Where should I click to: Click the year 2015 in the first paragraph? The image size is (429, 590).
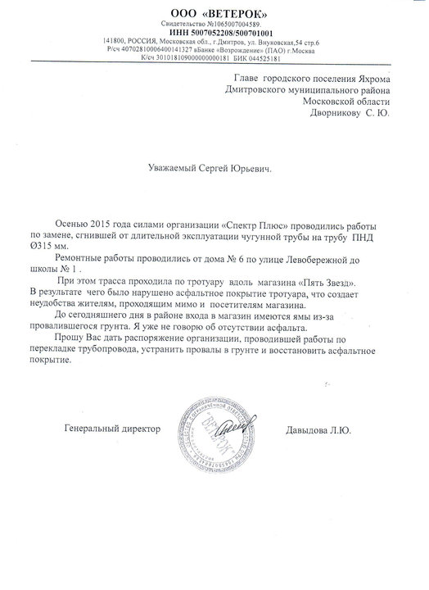pyautogui.click(x=100, y=222)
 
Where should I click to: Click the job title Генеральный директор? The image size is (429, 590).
pyautogui.click(x=112, y=428)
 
